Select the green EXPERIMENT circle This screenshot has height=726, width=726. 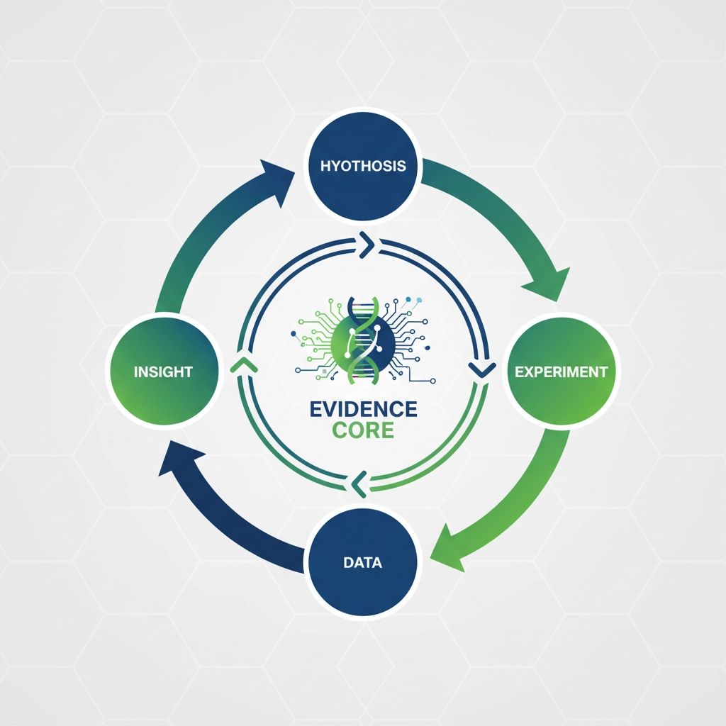[x=561, y=372]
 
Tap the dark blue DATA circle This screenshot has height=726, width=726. [x=363, y=563]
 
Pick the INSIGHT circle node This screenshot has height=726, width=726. [x=163, y=372]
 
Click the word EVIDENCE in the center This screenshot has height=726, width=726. [x=363, y=409]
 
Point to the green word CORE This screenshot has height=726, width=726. [x=363, y=430]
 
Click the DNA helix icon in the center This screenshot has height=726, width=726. [x=363, y=337]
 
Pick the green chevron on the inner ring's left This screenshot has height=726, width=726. [x=242, y=364]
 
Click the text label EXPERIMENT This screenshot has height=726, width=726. [x=561, y=372]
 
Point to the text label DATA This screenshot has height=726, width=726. [x=362, y=563]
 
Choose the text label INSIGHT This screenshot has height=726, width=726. [x=163, y=372]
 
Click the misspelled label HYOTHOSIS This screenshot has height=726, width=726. [x=363, y=167]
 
